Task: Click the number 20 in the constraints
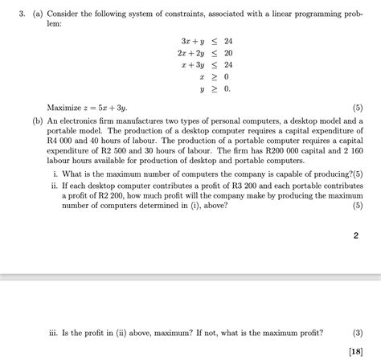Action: point(228,52)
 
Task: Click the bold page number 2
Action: point(355,236)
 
